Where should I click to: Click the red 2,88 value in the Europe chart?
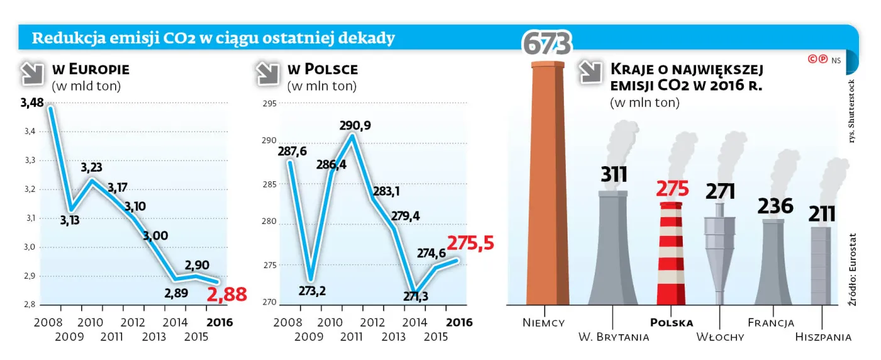(227, 295)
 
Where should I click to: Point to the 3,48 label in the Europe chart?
(32, 103)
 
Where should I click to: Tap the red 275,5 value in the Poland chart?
(471, 243)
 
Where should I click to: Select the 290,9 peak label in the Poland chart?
(355, 125)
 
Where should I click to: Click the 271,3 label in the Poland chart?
(416, 296)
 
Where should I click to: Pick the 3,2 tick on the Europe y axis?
(30, 189)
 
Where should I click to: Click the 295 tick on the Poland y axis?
(270, 103)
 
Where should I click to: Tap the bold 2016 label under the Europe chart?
(220, 323)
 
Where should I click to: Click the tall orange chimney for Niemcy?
(547, 183)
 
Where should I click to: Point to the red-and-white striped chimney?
(671, 254)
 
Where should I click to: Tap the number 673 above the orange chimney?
(547, 44)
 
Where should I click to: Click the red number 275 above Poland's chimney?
(672, 188)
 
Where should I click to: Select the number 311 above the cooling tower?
(614, 174)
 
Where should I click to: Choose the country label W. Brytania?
(614, 337)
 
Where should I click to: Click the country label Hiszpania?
(823, 337)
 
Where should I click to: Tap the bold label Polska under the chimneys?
(671, 323)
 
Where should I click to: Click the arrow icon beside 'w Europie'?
(32, 73)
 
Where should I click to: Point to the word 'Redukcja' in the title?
(69, 38)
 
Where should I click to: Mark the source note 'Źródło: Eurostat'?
(852, 269)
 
